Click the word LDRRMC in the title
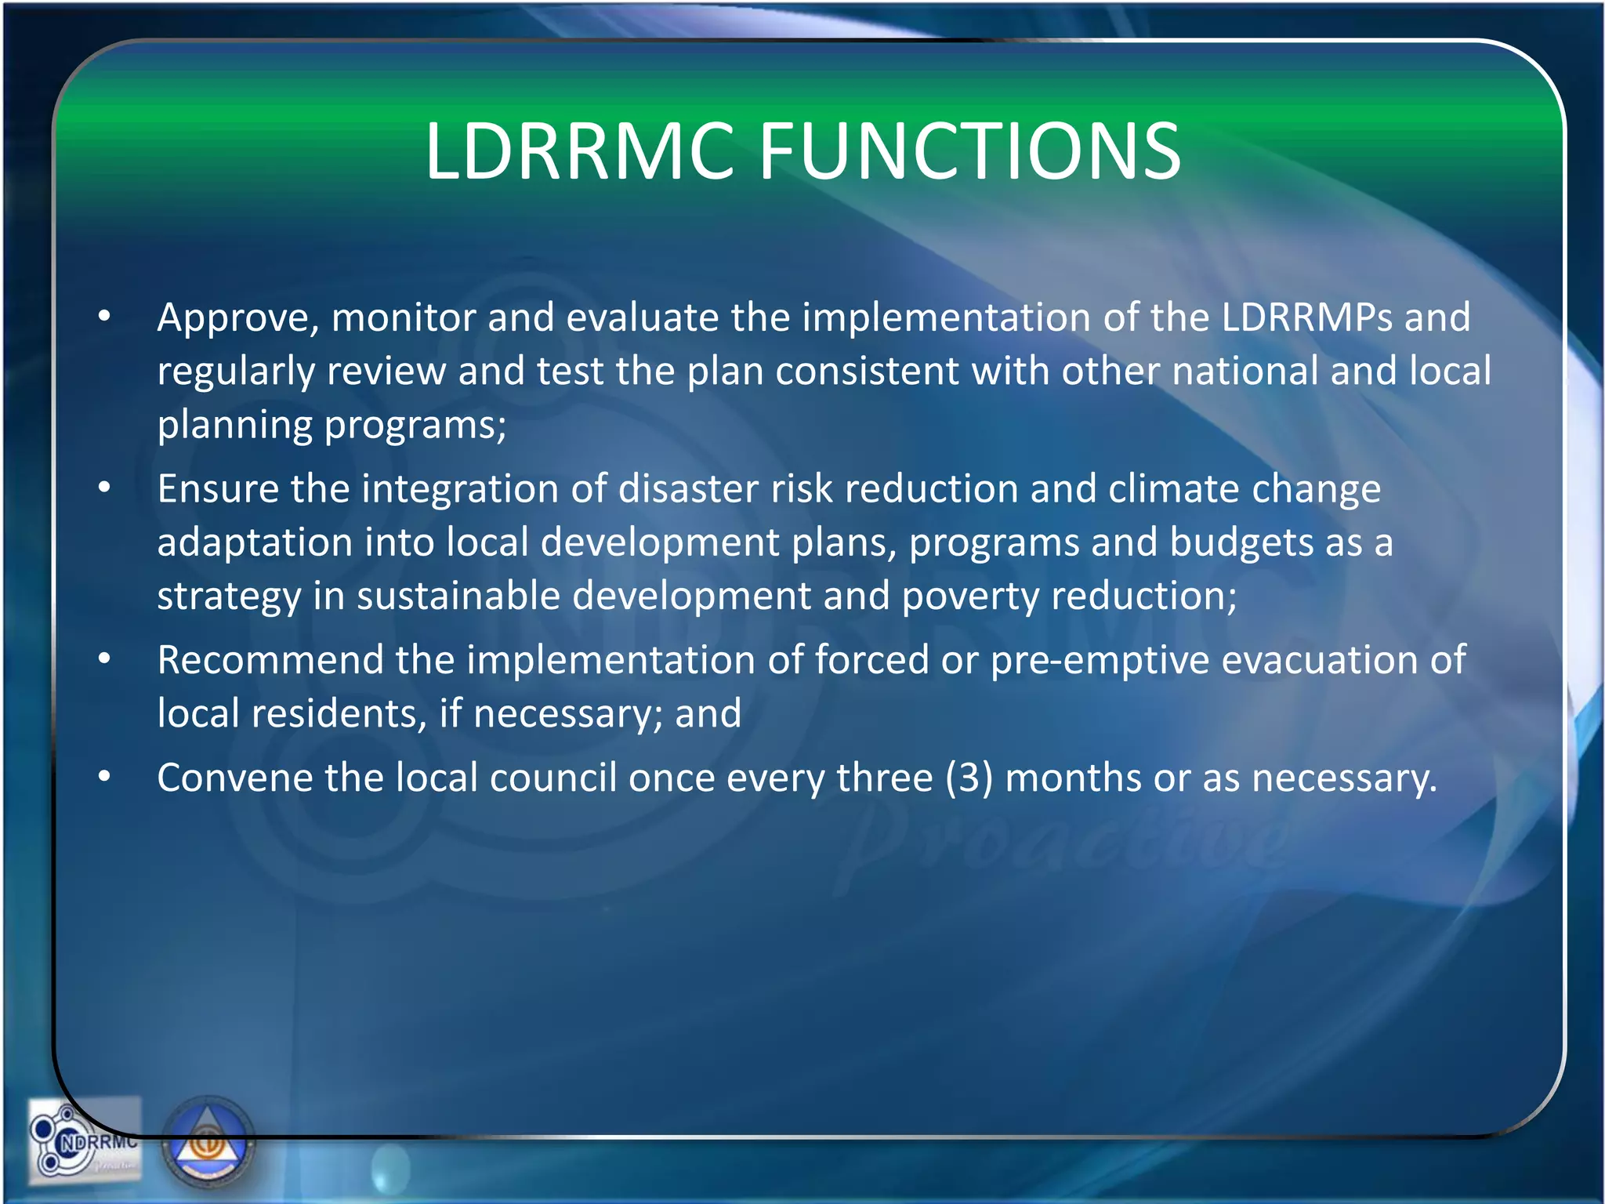(580, 151)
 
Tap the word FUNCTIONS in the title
(969, 151)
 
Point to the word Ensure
(218, 489)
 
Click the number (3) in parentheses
(969, 778)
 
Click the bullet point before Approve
(104, 317)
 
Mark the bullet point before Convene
(104, 777)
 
